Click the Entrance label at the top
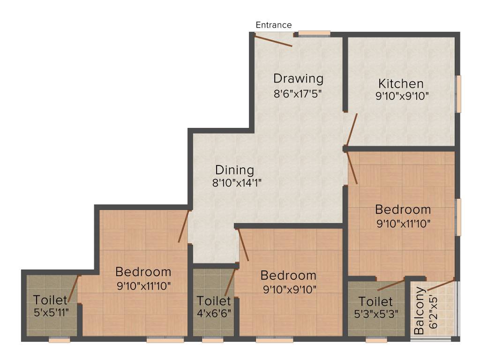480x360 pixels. pos(274,25)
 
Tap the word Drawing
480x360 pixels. pos(299,78)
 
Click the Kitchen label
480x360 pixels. pos(401,84)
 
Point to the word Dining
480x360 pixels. pos(234,170)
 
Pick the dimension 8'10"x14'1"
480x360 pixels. pos(236,183)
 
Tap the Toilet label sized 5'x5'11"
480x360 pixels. pos(50,300)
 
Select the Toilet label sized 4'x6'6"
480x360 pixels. pos(213,300)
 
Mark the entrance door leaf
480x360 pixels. pos(274,40)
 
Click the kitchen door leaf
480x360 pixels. pos(352,129)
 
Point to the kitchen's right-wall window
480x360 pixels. pos(459,93)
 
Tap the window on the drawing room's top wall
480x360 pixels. pos(314,33)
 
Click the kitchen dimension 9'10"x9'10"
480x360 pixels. pos(402,97)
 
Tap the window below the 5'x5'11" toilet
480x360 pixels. pos(60,340)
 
